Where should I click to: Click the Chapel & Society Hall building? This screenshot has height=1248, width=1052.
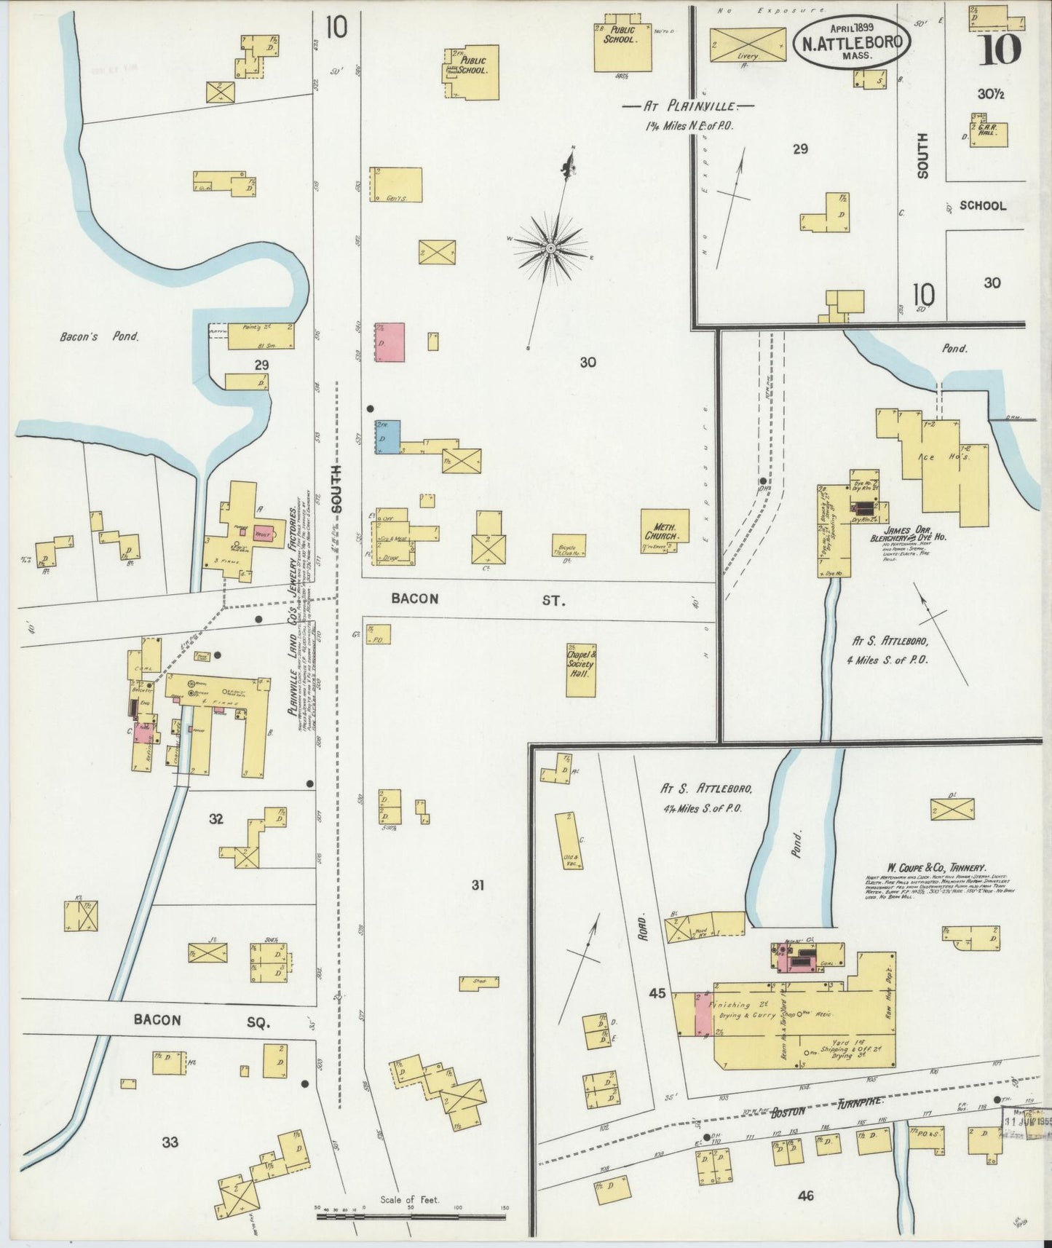click(582, 670)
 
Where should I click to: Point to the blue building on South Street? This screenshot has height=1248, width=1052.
click(387, 437)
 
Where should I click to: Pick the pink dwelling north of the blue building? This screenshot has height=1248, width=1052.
click(389, 342)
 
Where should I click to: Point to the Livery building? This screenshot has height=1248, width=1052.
click(748, 44)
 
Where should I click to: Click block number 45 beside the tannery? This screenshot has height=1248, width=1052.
click(657, 992)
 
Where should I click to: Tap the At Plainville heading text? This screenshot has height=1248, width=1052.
click(687, 106)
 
